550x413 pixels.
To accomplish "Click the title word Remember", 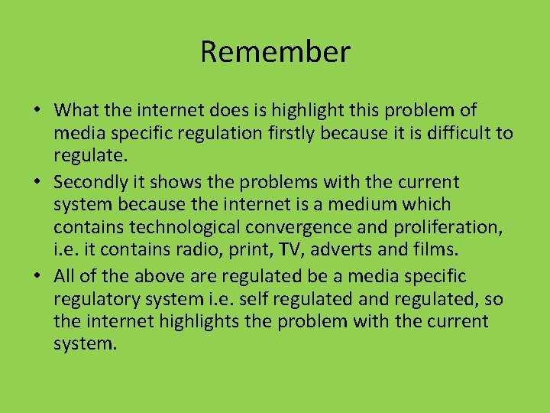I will coord(275,52).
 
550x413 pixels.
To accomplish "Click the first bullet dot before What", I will coord(37,112).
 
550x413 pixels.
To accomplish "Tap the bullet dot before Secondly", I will coord(37,183).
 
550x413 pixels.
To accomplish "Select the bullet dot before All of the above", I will coord(37,276).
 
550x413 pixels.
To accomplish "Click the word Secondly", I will coord(89,182).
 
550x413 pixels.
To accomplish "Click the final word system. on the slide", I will coord(86,344).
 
